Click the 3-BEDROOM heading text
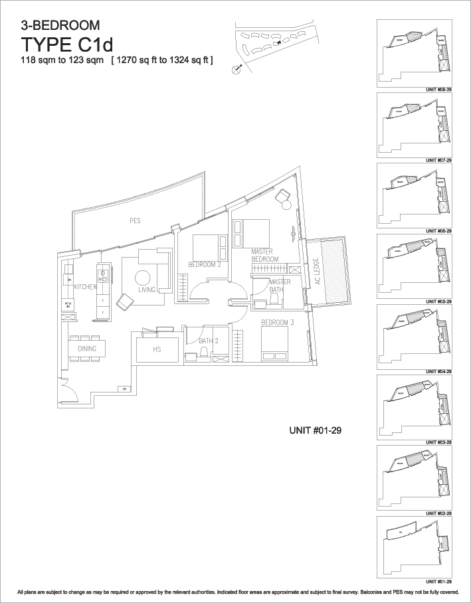(60, 27)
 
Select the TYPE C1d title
(77, 45)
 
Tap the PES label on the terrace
(135, 220)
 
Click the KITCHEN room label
(86, 287)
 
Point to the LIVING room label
(147, 290)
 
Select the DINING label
(87, 349)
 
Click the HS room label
(157, 349)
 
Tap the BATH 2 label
(208, 341)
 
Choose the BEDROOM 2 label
(205, 264)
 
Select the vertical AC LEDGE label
(317, 271)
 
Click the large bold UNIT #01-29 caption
(316, 430)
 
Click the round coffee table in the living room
(143, 278)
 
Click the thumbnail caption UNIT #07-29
(438, 160)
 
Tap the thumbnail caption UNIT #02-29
(438, 513)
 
